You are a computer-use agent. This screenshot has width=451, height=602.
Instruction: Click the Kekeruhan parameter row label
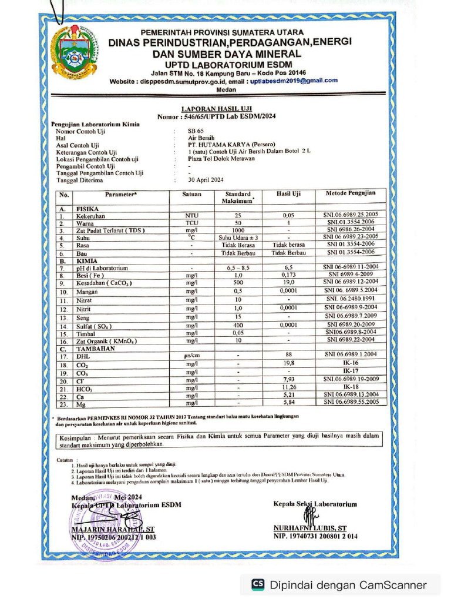tap(90, 216)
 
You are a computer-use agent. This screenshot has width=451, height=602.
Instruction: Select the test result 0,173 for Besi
tap(288, 275)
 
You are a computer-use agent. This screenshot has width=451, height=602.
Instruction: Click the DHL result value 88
tap(288, 354)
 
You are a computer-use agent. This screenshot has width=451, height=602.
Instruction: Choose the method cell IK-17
tap(351, 372)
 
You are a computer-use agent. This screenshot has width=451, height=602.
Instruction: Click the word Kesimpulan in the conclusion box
tap(78, 438)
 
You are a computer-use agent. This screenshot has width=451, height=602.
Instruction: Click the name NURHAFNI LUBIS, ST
tap(309, 528)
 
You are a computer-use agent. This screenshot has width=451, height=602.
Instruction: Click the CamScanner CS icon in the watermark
tap(257, 584)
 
